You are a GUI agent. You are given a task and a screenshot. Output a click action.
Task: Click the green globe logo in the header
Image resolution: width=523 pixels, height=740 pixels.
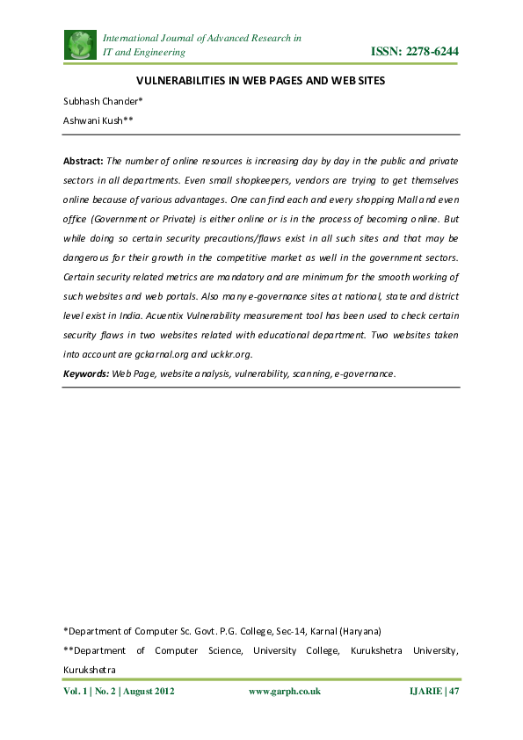pos(80,45)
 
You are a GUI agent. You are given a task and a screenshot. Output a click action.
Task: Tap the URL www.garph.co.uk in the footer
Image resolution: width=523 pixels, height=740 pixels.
pos(285,692)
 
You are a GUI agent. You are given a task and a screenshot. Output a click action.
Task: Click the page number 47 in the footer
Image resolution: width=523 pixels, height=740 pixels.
pos(454,692)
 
